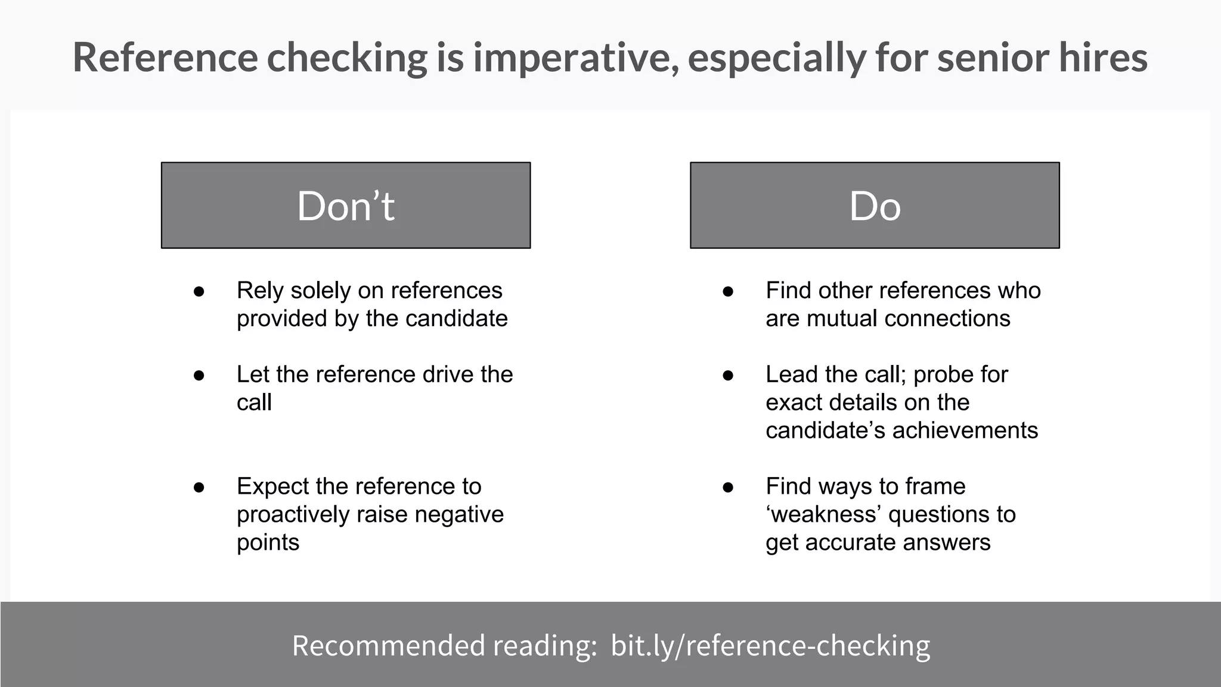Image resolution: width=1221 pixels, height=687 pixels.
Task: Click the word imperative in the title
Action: [575, 58]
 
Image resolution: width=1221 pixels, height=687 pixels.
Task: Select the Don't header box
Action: [346, 205]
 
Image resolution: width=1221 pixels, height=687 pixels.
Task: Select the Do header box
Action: [875, 205]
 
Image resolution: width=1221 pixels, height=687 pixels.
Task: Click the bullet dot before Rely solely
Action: [199, 292]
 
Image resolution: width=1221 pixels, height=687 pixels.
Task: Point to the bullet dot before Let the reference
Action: [199, 376]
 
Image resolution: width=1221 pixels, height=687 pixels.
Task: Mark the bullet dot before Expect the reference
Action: [199, 487]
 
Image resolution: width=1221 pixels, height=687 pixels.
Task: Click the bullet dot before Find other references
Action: [728, 292]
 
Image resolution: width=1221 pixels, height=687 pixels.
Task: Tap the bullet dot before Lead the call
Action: [728, 376]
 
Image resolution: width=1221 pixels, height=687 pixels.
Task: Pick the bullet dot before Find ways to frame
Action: [728, 487]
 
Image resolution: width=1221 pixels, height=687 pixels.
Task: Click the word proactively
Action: [293, 515]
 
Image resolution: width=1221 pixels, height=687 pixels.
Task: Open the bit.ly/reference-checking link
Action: [770, 646]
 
